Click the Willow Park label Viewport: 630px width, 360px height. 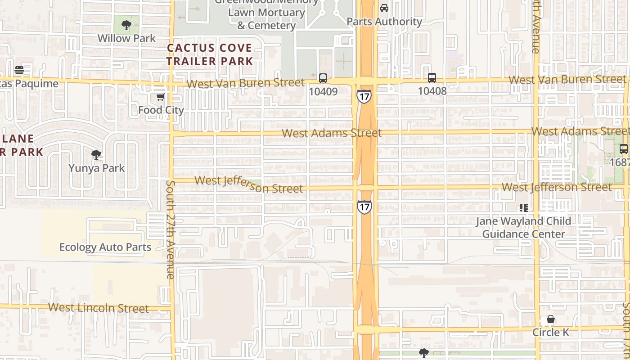coord(126,38)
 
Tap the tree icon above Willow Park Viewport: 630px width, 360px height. coord(126,24)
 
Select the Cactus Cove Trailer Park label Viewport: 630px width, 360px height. coord(210,54)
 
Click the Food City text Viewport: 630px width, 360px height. coord(161,110)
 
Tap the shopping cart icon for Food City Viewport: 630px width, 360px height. coord(160,97)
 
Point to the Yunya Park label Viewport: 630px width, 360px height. coord(97,168)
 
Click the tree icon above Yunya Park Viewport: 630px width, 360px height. coord(96,155)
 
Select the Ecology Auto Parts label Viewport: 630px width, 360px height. coord(105,247)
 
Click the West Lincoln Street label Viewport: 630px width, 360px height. coord(98,308)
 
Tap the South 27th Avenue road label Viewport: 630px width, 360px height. coord(171,229)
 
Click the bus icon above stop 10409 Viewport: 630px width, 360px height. coord(323,78)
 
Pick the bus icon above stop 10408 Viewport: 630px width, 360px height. coord(432,78)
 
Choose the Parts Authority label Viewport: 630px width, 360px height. coord(384,21)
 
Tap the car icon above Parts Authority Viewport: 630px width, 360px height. coord(384,8)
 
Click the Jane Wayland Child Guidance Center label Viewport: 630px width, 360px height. coord(524,227)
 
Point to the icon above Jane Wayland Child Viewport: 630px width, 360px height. coord(523,207)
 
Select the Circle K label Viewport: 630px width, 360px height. coord(551,333)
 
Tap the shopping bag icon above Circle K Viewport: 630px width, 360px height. coord(551,319)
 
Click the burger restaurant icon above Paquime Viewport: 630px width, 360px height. coord(19,70)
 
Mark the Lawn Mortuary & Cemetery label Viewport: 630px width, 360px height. coord(266,19)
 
